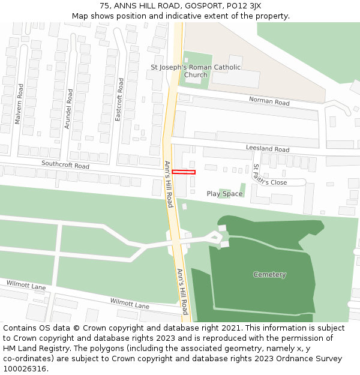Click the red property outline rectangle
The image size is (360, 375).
click(184, 172)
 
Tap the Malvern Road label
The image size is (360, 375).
click(19, 104)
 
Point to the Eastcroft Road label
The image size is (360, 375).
click(119, 100)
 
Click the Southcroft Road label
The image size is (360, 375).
click(65, 165)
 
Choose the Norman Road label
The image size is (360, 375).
click(269, 101)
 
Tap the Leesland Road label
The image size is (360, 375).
click(268, 149)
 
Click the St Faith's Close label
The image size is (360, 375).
click(269, 175)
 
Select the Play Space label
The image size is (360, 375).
click(224, 194)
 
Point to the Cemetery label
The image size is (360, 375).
click(269, 275)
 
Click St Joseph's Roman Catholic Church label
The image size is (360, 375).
click(196, 71)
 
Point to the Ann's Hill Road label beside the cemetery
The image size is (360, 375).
click(183, 292)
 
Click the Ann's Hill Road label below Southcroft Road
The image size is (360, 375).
click(169, 184)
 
